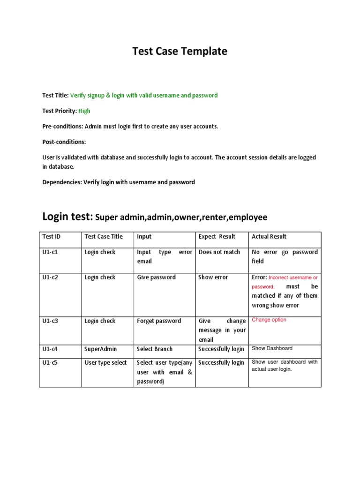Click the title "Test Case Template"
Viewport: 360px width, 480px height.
180,52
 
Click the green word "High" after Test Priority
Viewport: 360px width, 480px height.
84,111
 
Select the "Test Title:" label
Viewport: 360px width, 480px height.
55,95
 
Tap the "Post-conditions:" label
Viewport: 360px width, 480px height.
64,142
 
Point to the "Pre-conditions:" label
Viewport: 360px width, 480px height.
62,127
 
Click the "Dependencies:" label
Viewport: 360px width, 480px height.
62,182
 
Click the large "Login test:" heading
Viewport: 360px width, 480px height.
67,217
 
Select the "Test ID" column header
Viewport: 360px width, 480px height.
52,237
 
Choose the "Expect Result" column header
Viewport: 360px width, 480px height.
217,237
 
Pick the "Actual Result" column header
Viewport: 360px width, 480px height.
269,237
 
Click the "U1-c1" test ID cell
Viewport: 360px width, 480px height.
51,252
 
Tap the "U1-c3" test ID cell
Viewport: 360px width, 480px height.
51,321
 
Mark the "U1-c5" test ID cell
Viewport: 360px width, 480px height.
51,362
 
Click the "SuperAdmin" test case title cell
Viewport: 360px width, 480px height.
100,349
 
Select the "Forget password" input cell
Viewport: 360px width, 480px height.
159,321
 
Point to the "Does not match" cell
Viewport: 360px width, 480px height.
219,252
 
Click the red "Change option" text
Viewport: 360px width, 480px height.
269,320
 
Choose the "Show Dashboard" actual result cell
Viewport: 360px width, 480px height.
272,348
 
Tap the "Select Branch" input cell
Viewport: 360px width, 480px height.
155,349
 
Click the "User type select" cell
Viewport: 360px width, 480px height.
105,362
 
